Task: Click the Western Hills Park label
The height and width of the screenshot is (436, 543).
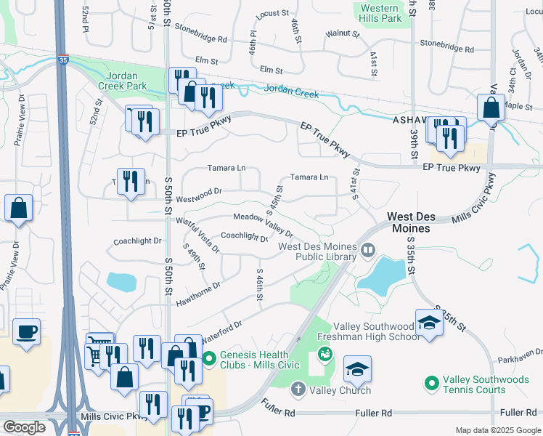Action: tap(381, 12)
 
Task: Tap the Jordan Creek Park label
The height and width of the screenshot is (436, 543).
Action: tap(126, 81)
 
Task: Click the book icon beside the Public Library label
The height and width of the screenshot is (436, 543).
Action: tap(369, 251)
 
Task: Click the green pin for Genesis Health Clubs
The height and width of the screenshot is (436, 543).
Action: tap(209, 358)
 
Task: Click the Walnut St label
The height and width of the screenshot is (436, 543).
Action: tap(342, 33)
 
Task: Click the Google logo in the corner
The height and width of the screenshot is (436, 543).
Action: tap(25, 427)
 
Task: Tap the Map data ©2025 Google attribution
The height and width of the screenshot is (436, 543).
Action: tap(497, 430)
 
